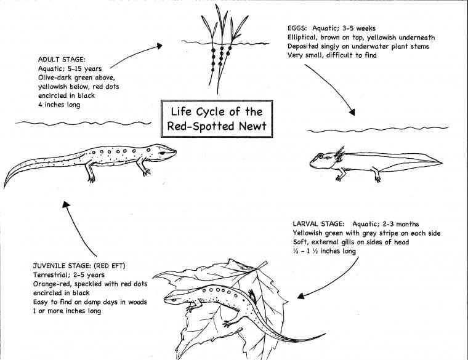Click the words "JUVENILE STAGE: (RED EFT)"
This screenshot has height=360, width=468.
point(72,267)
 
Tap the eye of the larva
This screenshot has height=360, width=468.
point(320,157)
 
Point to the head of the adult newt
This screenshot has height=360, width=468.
point(163,150)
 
